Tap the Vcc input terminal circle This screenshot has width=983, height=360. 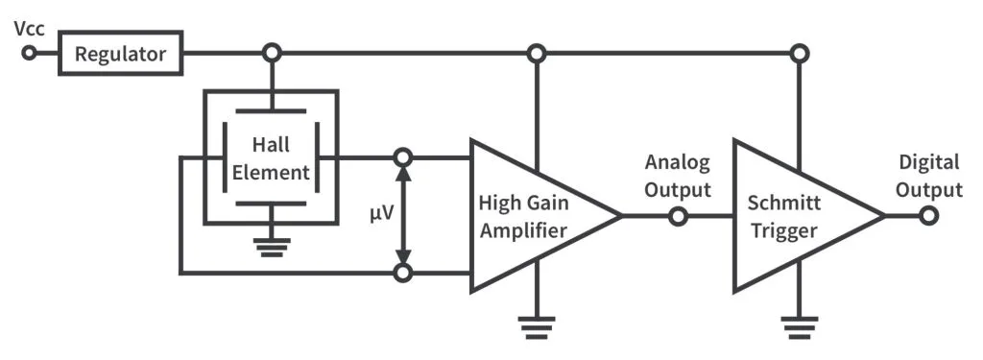[x=30, y=53]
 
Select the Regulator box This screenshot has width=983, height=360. [x=122, y=54]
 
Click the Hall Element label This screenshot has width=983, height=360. [x=271, y=158]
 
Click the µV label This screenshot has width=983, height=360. [x=382, y=211]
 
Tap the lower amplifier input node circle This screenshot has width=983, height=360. [x=404, y=274]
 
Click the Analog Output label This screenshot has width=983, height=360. [x=678, y=175]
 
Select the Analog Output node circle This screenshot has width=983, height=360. [x=678, y=216]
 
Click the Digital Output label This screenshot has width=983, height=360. [x=929, y=175]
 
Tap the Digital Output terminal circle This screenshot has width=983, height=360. [x=927, y=216]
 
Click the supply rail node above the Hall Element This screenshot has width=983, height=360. [x=273, y=53]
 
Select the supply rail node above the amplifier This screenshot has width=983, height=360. [x=537, y=53]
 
